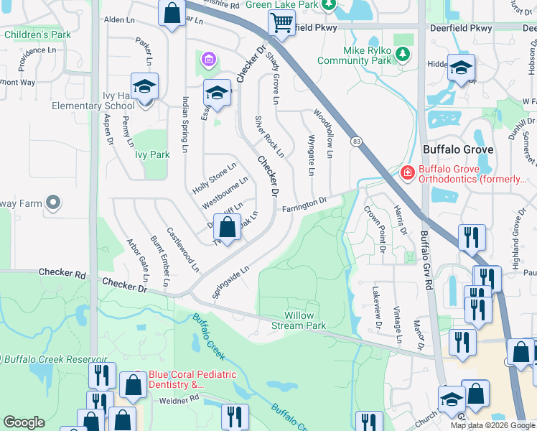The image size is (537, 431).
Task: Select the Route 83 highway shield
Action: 356,142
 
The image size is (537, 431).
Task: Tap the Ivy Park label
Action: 151,154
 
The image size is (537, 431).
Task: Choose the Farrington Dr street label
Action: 304,205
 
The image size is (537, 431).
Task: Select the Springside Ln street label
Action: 230,282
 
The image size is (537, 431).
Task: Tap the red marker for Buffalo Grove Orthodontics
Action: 406,172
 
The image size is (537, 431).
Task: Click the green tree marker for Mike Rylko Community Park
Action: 404,54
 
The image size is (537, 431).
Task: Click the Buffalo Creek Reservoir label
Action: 54,358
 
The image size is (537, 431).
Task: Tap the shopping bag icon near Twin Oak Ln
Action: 228,229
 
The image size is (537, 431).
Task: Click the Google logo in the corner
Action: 24,422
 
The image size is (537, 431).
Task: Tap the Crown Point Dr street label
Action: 376,229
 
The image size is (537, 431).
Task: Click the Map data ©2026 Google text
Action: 492,425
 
